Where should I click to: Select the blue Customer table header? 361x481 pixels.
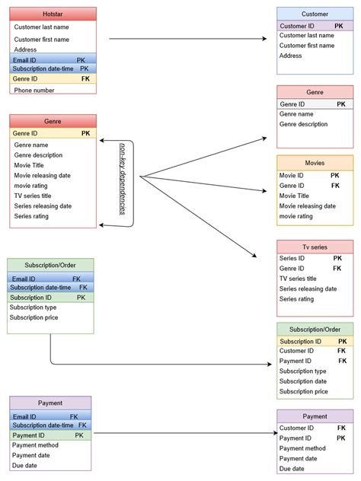[x=315, y=14]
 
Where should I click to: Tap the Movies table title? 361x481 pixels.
[x=315, y=162]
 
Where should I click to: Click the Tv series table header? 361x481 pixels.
[x=315, y=247]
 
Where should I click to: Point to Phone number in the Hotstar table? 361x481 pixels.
[x=35, y=90]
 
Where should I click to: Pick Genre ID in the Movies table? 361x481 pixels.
[x=292, y=185]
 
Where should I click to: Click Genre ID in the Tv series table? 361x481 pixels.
[x=293, y=268]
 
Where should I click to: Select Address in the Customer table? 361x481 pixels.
[x=291, y=56]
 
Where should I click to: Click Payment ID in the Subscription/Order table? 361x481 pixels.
[x=296, y=361]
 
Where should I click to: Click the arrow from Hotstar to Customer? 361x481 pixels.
[x=190, y=38]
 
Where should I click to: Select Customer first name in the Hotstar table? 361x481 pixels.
[x=42, y=40]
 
